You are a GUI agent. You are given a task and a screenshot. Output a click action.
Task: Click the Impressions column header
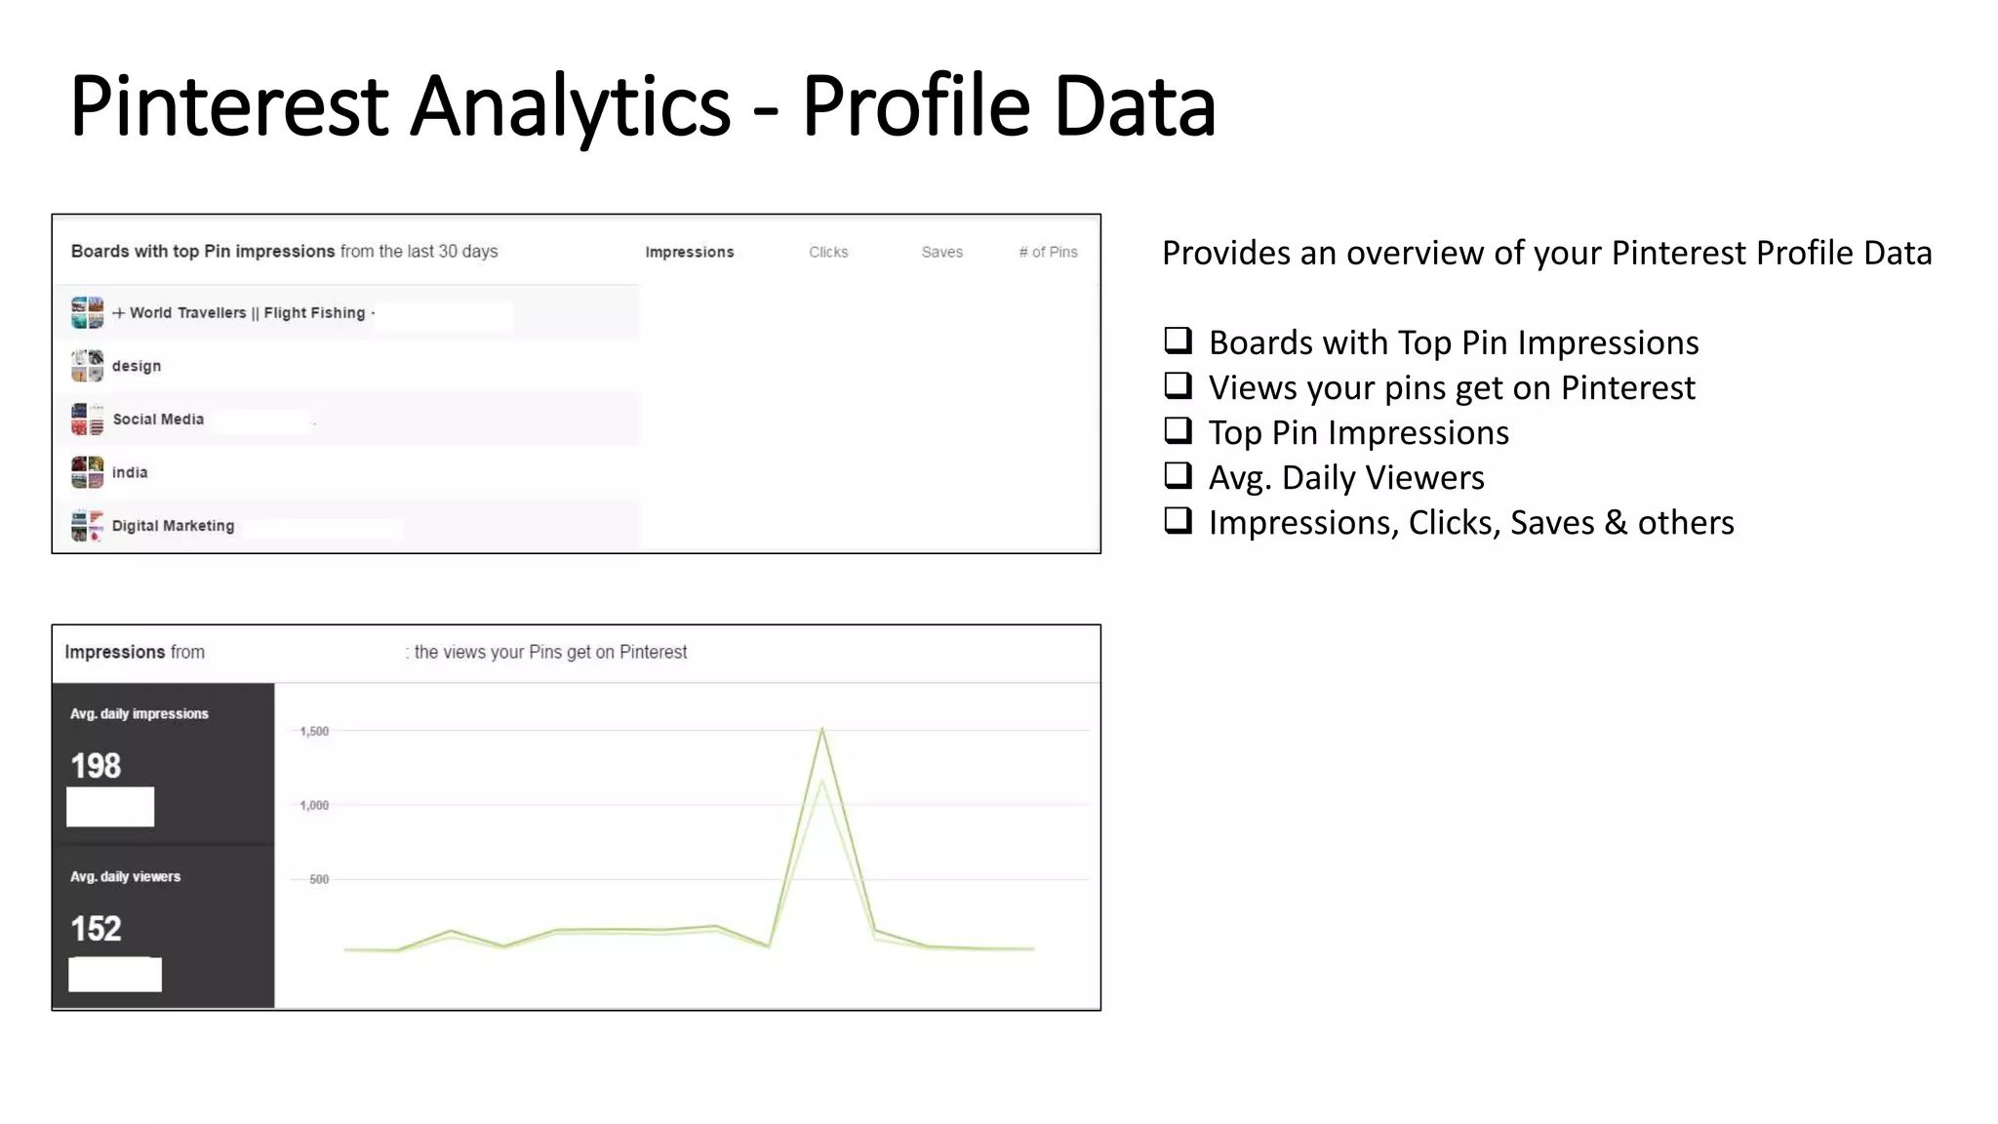[689, 252]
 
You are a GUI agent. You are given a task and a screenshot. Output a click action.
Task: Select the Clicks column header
[828, 252]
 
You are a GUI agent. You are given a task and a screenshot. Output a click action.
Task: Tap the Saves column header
[941, 252]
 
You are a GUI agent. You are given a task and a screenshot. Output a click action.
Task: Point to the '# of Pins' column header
[1048, 252]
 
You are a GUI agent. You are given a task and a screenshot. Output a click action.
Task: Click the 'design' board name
[137, 366]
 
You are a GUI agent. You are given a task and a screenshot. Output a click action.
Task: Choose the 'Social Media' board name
[158, 420]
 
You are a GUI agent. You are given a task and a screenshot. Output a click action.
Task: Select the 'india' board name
[130, 472]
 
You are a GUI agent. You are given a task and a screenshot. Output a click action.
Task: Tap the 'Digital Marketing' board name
[173, 526]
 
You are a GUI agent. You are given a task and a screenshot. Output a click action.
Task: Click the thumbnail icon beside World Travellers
[87, 313]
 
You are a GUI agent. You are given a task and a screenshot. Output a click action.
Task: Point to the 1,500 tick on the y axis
[314, 731]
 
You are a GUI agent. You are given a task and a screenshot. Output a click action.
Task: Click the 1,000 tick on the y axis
[314, 805]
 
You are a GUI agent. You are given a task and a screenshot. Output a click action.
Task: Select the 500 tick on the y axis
[319, 879]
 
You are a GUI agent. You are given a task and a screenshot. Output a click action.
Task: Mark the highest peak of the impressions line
[822, 728]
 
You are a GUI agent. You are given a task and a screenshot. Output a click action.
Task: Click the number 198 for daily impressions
[96, 766]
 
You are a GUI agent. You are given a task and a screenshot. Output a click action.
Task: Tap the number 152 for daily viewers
[96, 929]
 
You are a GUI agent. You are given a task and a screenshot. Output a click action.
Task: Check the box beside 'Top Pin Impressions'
[1178, 430]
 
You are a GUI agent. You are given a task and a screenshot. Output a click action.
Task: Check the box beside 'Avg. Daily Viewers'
[1178, 475]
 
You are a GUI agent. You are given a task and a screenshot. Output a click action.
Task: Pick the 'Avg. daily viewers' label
[125, 876]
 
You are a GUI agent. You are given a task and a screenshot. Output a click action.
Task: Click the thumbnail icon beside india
[87, 472]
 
